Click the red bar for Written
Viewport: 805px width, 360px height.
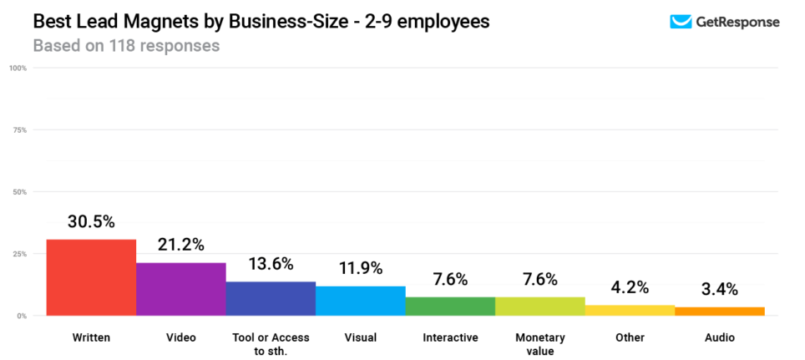tap(91, 277)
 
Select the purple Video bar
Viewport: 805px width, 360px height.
tap(180, 289)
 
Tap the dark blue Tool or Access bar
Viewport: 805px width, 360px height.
tap(271, 298)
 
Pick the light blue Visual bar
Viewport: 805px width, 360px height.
tap(360, 301)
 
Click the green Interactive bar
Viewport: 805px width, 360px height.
tap(450, 306)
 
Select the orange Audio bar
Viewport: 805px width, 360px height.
tap(719, 312)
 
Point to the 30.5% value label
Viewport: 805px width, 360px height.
tap(91, 222)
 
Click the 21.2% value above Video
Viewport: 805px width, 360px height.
tap(180, 245)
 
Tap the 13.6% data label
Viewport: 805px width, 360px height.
tap(271, 264)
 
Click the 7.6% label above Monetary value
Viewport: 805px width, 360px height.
tap(540, 279)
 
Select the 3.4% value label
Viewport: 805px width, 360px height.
tap(719, 289)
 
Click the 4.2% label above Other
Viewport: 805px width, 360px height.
tap(630, 287)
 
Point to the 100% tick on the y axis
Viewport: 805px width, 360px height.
tap(19, 68)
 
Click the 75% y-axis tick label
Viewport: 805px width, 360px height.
tap(20, 130)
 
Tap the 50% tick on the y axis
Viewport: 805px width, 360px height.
tap(20, 192)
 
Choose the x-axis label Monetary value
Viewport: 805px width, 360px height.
tap(540, 343)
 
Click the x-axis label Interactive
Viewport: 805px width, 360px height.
tap(450, 338)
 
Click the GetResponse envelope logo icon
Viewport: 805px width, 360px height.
tap(681, 22)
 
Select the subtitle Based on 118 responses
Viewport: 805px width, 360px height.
tap(126, 45)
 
